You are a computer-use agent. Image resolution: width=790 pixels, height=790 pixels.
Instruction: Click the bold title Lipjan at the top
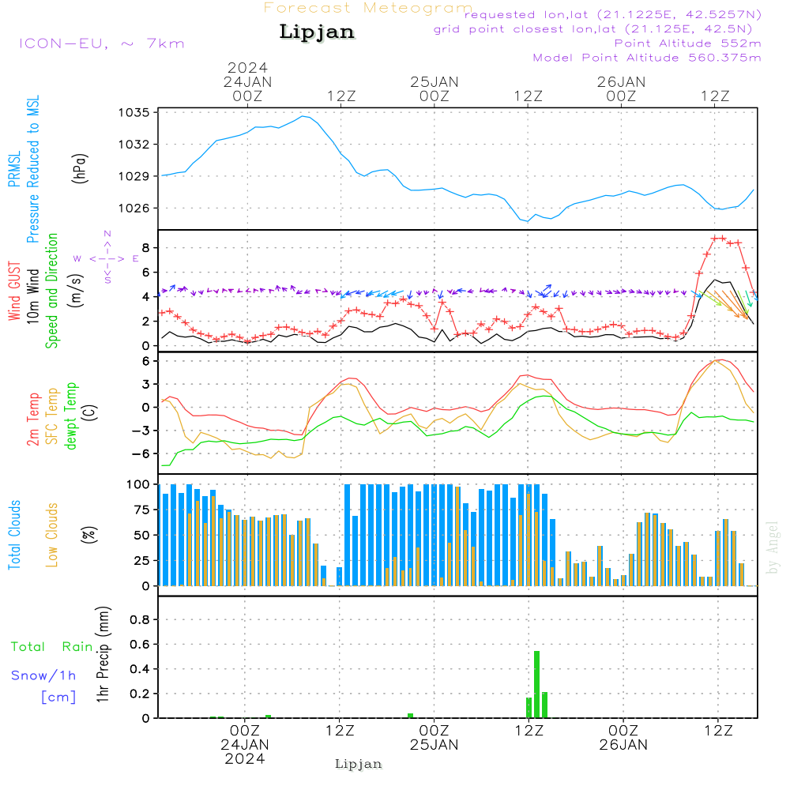coord(317,32)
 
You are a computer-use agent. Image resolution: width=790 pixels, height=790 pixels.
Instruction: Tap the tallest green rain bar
coord(537,684)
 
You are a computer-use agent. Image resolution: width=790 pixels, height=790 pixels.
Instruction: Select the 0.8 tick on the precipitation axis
coord(140,619)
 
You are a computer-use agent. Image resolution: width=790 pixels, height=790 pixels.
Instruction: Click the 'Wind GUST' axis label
coord(14,292)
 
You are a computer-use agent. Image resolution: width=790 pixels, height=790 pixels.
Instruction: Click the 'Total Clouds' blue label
coord(14,535)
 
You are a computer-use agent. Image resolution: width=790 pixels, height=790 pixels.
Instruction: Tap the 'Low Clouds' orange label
coord(52,535)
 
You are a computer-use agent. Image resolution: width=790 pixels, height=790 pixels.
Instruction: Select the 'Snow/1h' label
coord(44,675)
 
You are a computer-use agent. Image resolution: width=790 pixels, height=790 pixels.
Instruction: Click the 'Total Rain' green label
coord(51,646)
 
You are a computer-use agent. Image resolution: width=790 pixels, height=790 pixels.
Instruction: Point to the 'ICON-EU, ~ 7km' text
coord(101,43)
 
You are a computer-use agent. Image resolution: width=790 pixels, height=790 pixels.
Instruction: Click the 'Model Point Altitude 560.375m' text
coord(647,58)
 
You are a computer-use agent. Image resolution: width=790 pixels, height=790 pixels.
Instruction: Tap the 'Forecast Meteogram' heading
coord(367,8)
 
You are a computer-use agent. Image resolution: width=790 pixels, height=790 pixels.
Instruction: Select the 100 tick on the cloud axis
coord(138,484)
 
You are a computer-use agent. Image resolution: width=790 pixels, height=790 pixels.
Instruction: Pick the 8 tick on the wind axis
coord(146,248)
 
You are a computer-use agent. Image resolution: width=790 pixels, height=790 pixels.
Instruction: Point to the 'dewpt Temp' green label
coord(71,416)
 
